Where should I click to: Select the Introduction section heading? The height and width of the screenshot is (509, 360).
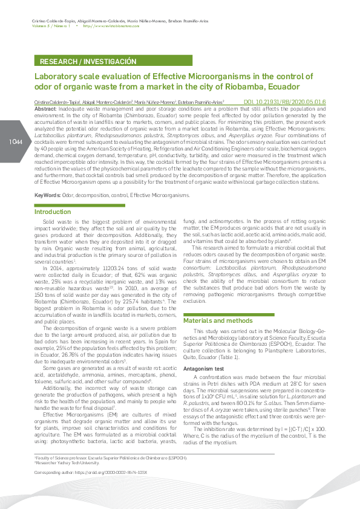[x=53, y=212]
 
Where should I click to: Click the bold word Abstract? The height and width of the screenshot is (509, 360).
[x=45, y=108]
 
